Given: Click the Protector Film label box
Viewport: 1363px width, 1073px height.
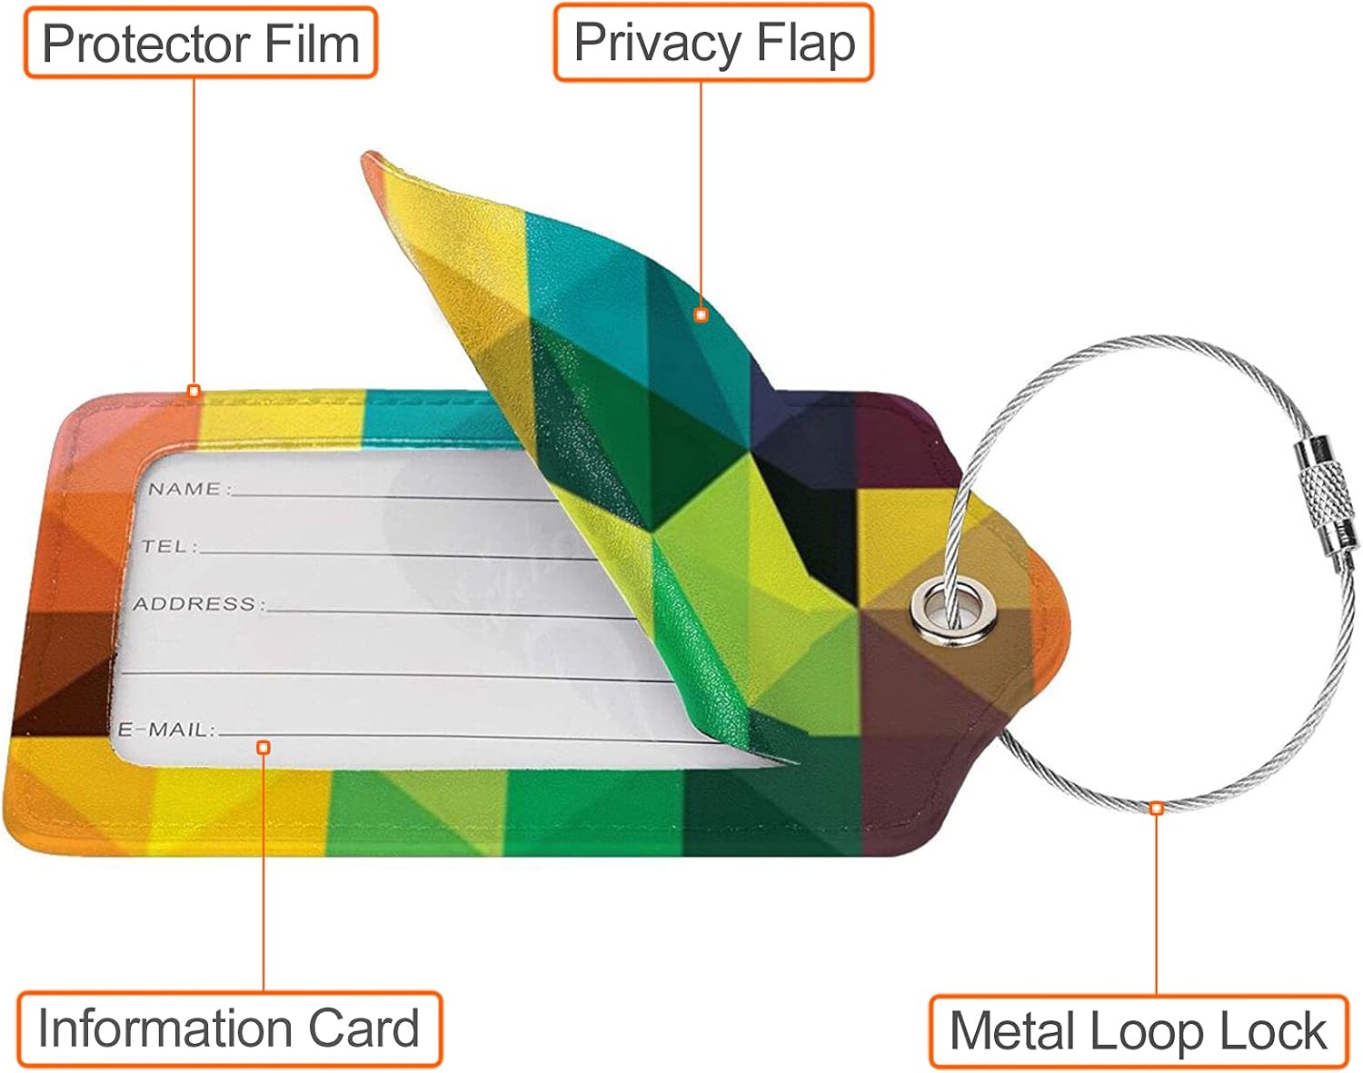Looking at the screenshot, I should (x=200, y=43).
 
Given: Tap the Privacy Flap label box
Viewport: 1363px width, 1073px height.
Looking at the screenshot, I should (x=714, y=43).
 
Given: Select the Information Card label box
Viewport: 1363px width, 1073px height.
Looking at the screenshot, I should (x=229, y=1028).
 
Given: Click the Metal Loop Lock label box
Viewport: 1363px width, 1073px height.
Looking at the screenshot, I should (x=1138, y=1031).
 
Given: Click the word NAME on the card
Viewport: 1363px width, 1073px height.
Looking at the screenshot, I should (x=184, y=489).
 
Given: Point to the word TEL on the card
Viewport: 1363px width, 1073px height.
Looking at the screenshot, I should (x=164, y=546).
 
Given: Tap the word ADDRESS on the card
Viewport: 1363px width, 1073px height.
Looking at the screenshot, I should (x=194, y=603).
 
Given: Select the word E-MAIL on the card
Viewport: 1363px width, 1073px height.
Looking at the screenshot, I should (x=164, y=729).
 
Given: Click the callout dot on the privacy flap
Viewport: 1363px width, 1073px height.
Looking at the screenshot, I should (x=701, y=314).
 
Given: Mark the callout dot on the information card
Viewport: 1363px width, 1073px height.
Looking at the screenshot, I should (x=264, y=747).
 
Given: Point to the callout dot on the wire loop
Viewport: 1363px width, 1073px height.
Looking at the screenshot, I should (x=1156, y=808).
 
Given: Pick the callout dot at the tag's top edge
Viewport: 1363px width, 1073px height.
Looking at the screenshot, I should (x=194, y=392).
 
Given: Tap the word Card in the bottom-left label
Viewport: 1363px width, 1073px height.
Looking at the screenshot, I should (x=363, y=1028).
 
